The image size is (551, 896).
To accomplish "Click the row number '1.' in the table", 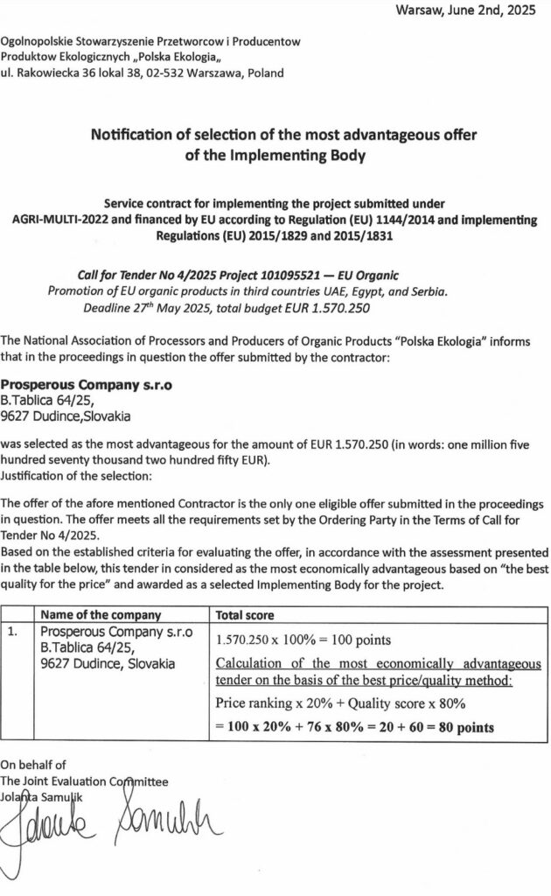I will pos(12,631).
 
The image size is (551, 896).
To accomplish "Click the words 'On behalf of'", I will pos(32,764).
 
